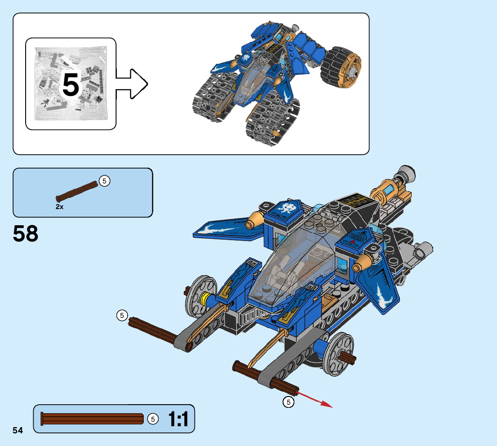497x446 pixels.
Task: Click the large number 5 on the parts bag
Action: coord(71,85)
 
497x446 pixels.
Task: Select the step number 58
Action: coord(26,234)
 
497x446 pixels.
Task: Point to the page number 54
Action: coord(18,431)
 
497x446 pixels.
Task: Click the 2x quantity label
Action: coord(60,207)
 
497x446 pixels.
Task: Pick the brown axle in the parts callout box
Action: coord(77,191)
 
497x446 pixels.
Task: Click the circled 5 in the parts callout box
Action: coord(104,181)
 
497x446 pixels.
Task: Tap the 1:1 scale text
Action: coord(178,419)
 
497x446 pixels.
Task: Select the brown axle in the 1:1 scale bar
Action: coord(92,419)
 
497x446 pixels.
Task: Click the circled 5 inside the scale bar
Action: coord(153,419)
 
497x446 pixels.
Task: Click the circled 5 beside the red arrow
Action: coord(288,401)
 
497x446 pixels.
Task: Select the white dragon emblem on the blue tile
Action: coord(286,209)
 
